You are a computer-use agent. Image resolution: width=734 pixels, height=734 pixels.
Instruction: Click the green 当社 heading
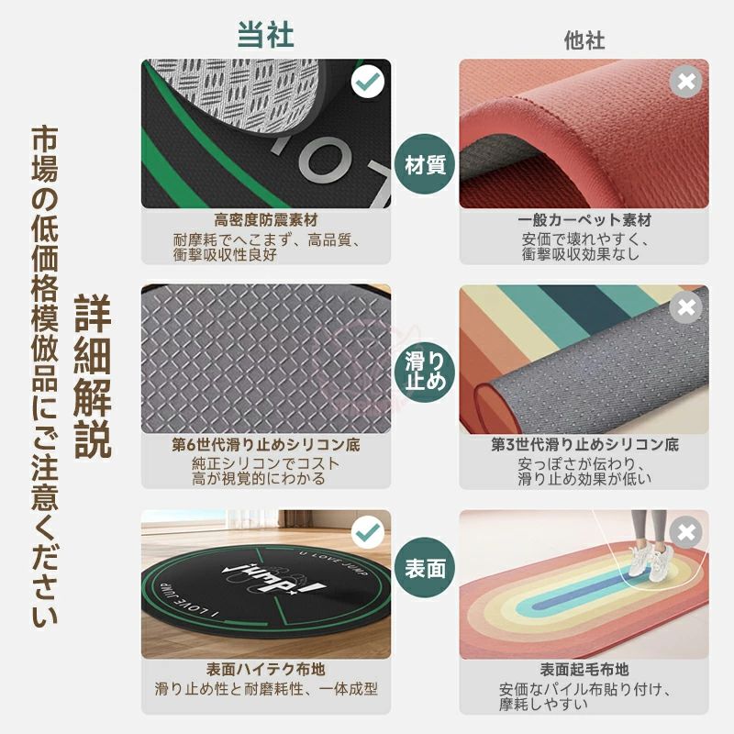[x=265, y=34]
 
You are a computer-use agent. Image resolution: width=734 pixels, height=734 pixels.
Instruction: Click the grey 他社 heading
[x=584, y=40]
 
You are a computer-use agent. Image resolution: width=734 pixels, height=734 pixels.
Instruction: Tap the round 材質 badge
[x=425, y=164]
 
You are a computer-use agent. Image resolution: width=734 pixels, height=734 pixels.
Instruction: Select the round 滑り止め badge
[x=425, y=373]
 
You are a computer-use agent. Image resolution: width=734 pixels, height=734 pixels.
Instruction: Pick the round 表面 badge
[x=425, y=567]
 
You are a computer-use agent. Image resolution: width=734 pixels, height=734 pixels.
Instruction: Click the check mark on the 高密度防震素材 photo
[x=368, y=82]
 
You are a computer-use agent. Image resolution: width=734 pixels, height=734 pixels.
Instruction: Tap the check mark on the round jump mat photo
[x=368, y=532]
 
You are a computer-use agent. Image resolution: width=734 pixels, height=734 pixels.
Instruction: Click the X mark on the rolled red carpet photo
[x=685, y=82]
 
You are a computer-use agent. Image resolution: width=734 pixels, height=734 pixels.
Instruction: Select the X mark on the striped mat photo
[x=685, y=307]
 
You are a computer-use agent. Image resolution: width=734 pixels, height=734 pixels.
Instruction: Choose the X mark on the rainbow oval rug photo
[x=685, y=532]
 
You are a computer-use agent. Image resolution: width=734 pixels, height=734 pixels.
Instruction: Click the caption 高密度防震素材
[x=266, y=219]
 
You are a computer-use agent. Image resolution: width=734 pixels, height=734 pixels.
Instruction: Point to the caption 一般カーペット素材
[x=584, y=219]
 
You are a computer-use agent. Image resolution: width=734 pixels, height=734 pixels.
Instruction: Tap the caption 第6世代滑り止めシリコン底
[x=266, y=444]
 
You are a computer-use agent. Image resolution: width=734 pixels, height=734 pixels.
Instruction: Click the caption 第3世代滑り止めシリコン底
[x=584, y=444]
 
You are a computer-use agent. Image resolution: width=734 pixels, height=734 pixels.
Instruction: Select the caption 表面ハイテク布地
[x=266, y=669]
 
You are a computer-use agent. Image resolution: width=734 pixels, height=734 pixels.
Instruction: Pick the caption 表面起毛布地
[x=584, y=670]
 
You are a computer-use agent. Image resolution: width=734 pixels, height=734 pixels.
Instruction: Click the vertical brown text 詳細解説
[x=93, y=376]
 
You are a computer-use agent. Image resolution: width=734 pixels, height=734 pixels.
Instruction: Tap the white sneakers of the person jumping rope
[x=650, y=561]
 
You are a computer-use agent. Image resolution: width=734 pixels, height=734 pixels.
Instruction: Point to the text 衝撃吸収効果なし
[x=581, y=254]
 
